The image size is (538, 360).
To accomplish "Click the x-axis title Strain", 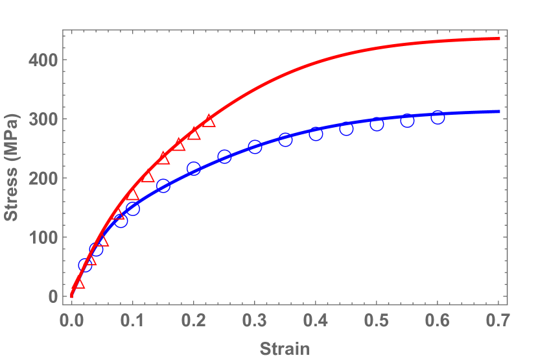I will [x=285, y=348].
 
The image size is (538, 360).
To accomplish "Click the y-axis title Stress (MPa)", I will [x=11, y=167].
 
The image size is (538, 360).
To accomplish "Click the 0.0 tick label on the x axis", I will [x=71, y=319].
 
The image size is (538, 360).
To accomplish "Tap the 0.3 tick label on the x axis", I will [x=255, y=319].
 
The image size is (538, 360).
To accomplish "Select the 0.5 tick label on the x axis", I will [x=377, y=319].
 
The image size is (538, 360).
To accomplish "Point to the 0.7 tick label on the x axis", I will [x=498, y=319].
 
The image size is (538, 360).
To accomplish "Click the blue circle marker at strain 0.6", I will [x=438, y=117].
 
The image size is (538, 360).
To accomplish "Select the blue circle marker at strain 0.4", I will [x=316, y=134].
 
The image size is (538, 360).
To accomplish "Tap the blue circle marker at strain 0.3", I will [x=255, y=147].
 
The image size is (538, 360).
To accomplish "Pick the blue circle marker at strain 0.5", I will [x=377, y=125].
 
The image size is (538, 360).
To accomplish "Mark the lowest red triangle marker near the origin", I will [x=78, y=283].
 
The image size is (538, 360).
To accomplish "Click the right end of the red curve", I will [x=498, y=38].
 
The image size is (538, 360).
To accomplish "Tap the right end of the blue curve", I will [x=498, y=112].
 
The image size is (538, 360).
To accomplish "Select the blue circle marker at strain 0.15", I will [x=163, y=186].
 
